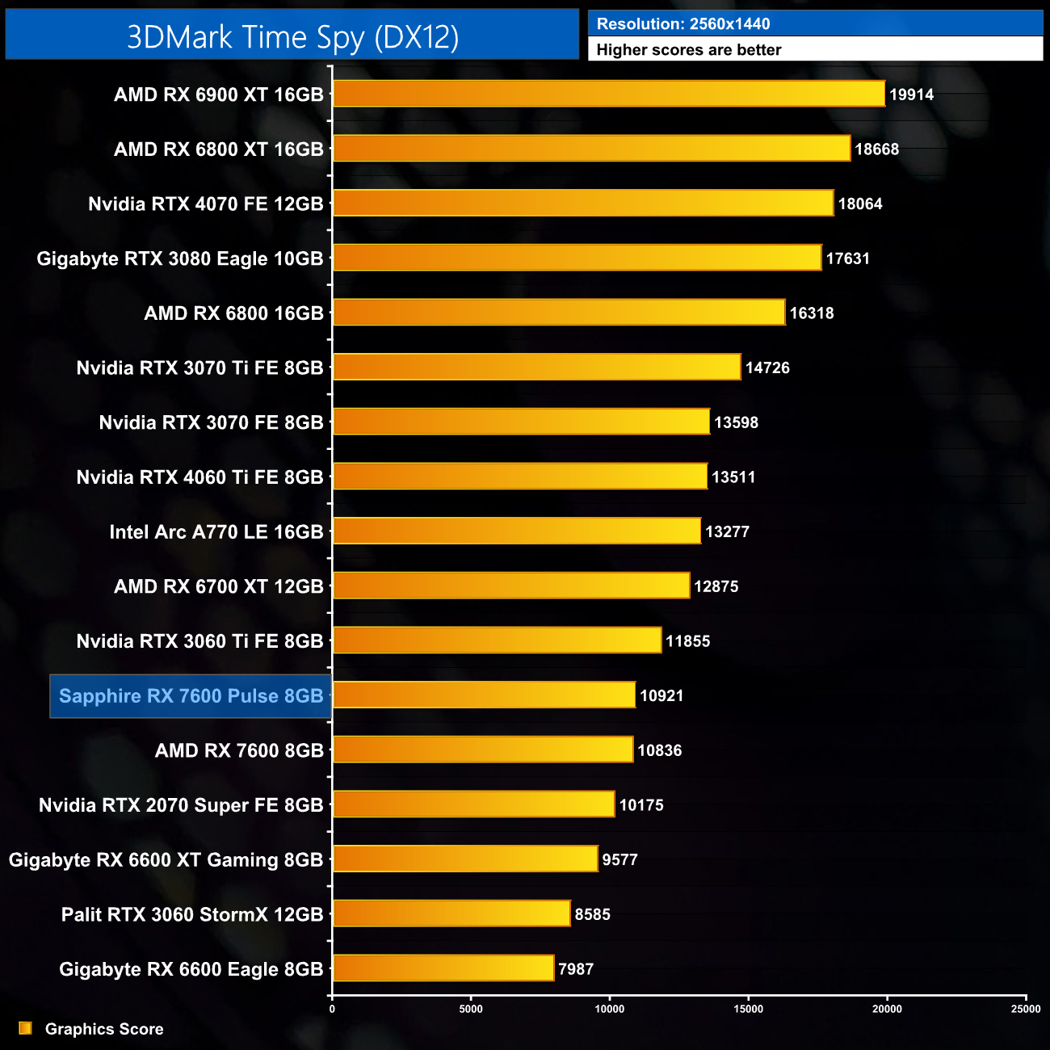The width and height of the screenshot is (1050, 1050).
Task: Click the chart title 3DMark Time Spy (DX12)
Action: (292, 37)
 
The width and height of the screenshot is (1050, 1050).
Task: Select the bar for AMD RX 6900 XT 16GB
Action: (609, 94)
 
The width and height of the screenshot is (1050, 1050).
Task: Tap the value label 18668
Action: (876, 149)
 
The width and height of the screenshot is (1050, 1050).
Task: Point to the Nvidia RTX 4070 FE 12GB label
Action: (205, 204)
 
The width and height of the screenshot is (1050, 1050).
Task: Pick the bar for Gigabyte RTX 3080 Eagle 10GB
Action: (577, 258)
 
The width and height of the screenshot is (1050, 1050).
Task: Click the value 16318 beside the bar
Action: (811, 313)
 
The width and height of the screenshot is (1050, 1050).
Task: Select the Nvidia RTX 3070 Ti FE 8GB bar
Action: (536, 367)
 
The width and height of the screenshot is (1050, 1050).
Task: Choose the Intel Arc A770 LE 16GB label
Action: (216, 532)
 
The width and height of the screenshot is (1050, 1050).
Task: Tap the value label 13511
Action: (733, 477)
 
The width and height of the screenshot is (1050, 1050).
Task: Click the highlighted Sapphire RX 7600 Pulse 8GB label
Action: (191, 696)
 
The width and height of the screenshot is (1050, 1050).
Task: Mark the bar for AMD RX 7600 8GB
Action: (483, 750)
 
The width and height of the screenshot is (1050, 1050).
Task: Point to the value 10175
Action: (640, 805)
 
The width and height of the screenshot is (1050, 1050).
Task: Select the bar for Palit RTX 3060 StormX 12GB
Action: (451, 913)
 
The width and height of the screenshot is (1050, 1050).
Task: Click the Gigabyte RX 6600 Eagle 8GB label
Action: (191, 969)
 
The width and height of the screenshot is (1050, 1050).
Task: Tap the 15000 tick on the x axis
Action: (748, 1009)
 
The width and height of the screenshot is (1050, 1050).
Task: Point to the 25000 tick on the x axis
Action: (1026, 1009)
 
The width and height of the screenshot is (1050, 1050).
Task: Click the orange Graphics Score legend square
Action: (25, 1028)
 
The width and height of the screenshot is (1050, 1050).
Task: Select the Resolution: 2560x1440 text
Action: (683, 24)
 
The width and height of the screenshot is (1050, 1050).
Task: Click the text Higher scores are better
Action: (689, 50)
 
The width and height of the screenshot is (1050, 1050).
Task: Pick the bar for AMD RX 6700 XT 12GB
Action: (511, 586)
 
